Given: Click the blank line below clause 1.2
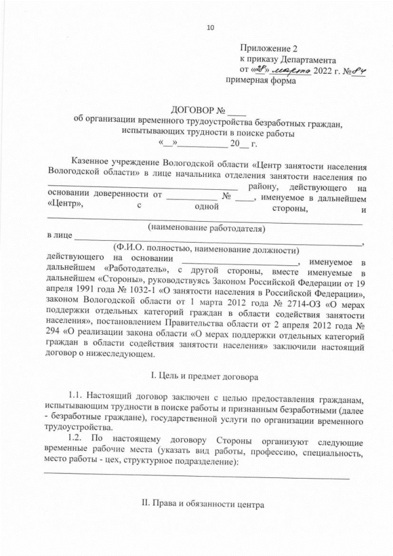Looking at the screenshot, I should (196, 476).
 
